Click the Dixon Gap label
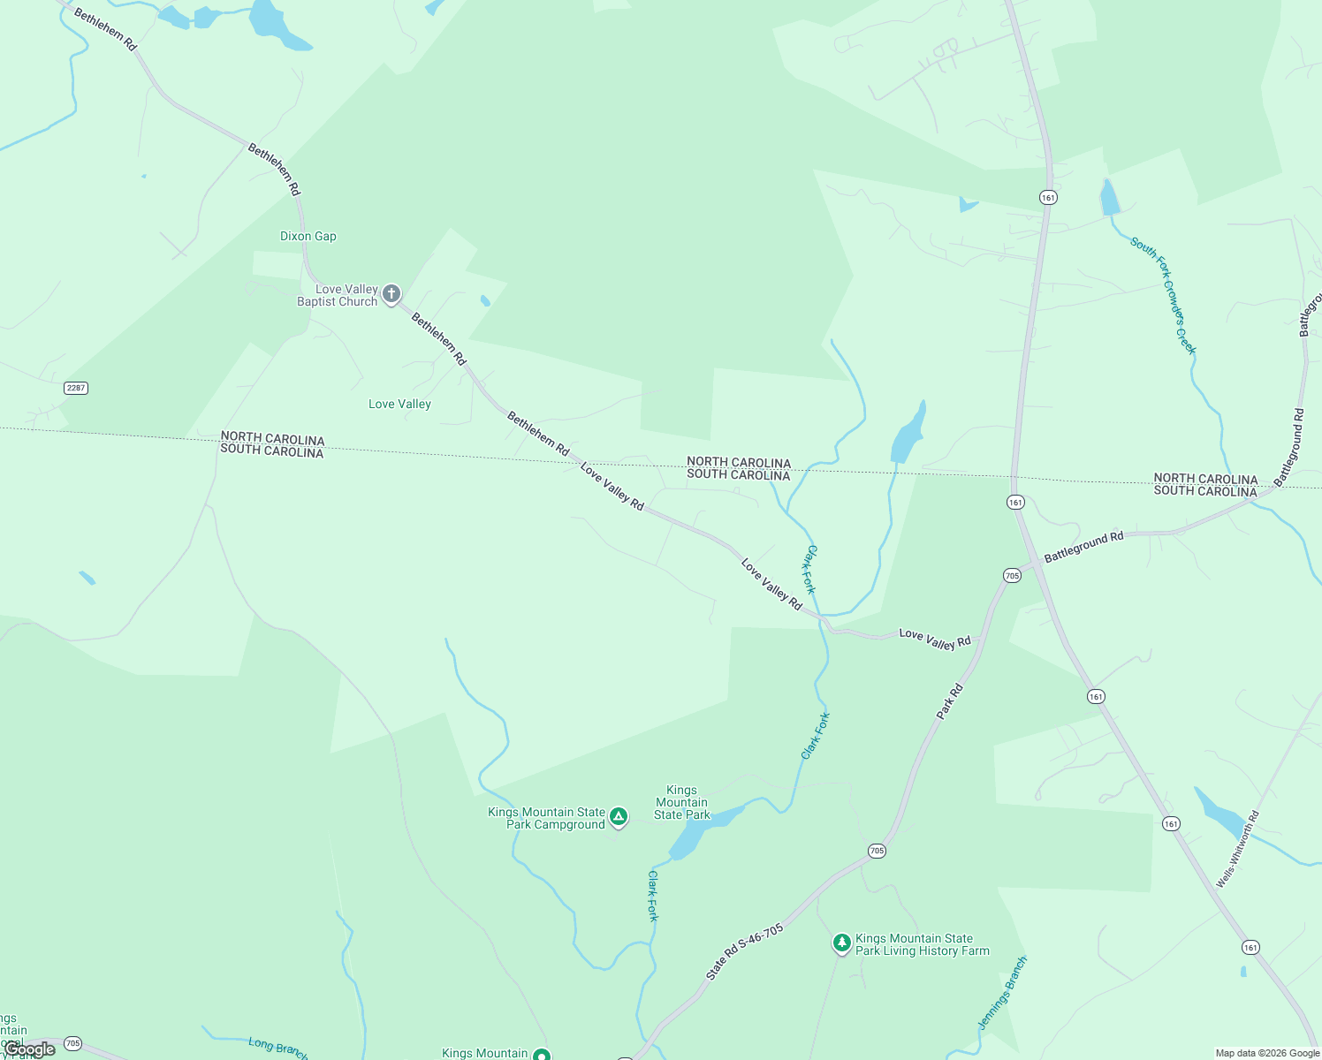(308, 237)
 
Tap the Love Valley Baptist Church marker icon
(391, 294)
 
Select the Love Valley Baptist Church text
(338, 296)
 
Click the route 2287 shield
(76, 388)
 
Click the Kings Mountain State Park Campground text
(547, 819)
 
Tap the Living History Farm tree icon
(842, 943)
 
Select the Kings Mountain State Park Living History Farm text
(922, 945)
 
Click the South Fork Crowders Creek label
(1163, 295)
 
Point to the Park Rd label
(950, 701)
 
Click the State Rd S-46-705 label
(744, 952)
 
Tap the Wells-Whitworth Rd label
(1237, 849)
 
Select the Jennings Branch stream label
(1002, 993)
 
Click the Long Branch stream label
(277, 1048)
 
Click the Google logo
(30, 1049)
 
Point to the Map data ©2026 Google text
(1267, 1053)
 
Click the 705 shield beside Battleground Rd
(1012, 576)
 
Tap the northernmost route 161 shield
(1048, 198)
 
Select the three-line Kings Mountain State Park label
(681, 803)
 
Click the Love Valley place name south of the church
(399, 405)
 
